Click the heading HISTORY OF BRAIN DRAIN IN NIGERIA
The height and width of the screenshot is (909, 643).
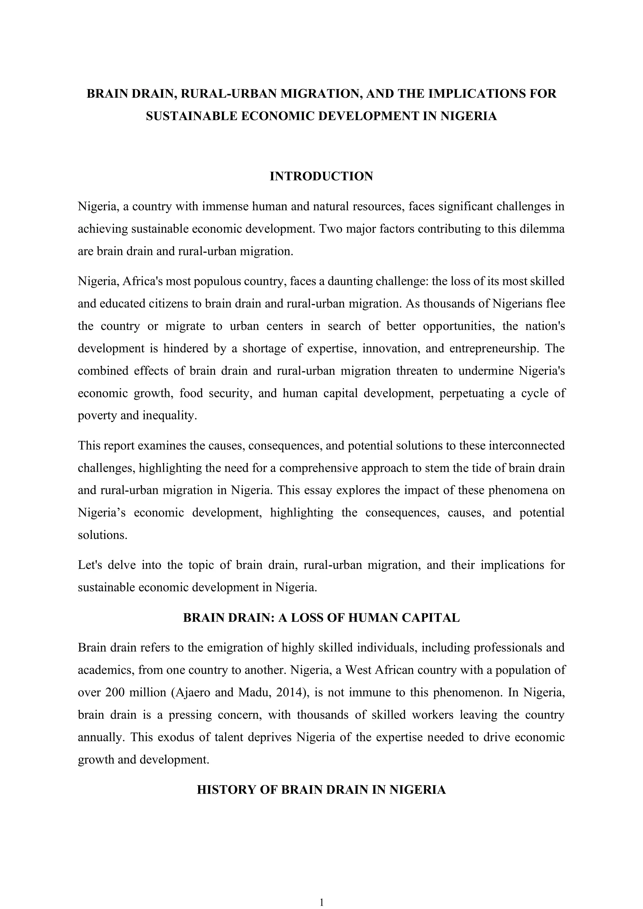[321, 790]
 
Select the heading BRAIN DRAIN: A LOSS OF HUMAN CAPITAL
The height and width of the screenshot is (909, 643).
[321, 618]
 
